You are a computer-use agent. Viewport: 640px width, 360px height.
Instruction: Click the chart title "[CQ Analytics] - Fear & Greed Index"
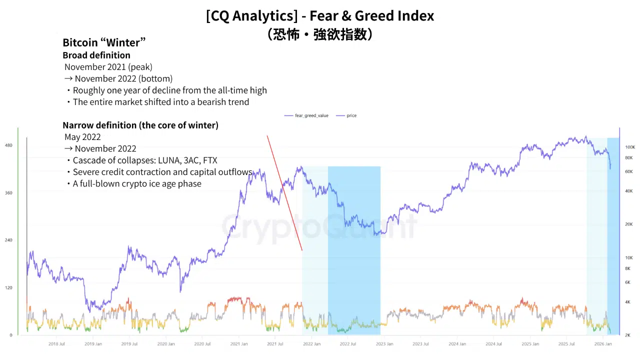click(x=320, y=16)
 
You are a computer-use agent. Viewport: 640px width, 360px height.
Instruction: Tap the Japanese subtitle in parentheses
click(x=320, y=34)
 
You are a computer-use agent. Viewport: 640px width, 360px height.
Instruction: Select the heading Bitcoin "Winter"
click(x=104, y=42)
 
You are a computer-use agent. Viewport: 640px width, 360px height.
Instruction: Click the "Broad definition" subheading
click(x=96, y=55)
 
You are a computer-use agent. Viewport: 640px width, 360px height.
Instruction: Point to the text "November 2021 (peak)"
click(x=108, y=66)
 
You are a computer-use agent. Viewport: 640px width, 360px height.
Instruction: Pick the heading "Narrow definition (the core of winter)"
click(x=140, y=125)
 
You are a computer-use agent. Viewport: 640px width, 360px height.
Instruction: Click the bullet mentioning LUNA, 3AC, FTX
click(x=145, y=160)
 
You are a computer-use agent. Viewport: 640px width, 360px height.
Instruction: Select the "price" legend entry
click(x=351, y=115)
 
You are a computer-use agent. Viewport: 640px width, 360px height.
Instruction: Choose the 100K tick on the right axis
click(x=630, y=147)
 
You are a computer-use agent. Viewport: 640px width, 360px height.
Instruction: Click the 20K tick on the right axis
click(x=629, y=224)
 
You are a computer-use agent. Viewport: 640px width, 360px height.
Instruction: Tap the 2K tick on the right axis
click(x=628, y=335)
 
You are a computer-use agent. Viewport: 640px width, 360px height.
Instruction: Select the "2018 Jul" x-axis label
click(x=56, y=344)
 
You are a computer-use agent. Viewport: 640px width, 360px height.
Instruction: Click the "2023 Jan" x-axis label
click(x=384, y=344)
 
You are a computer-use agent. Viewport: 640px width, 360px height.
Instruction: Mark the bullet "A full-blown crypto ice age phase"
click(x=137, y=183)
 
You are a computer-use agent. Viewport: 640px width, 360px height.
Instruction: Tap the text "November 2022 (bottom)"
click(x=123, y=78)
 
